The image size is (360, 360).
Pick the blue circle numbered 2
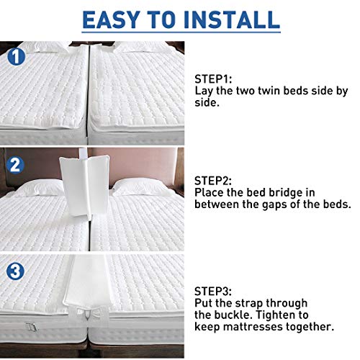pos(15,164)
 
